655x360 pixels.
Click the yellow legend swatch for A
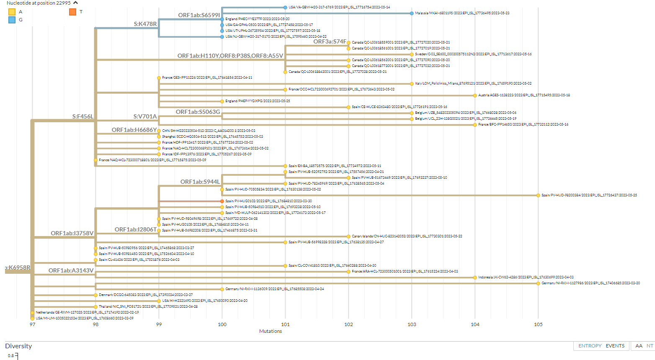12,12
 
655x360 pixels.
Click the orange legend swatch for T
72,12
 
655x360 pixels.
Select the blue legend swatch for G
12,20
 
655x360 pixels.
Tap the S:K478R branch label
145,24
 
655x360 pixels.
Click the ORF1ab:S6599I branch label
199,15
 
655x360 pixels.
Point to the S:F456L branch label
83,116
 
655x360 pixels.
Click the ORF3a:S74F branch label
330,41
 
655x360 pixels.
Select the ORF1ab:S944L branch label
200,182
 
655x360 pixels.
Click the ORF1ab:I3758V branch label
72,233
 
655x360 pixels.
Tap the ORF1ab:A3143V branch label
71,270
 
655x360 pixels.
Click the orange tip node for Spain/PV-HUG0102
222,201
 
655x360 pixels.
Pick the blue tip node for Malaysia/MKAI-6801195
412,13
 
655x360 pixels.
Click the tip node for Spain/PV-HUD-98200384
538,195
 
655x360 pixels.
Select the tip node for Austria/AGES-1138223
475,95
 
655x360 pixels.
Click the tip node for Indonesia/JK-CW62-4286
475,278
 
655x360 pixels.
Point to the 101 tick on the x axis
285,324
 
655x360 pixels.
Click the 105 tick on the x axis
538,324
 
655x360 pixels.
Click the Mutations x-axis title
271,331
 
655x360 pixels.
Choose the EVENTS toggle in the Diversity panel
615,346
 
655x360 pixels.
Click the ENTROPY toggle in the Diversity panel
590,346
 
